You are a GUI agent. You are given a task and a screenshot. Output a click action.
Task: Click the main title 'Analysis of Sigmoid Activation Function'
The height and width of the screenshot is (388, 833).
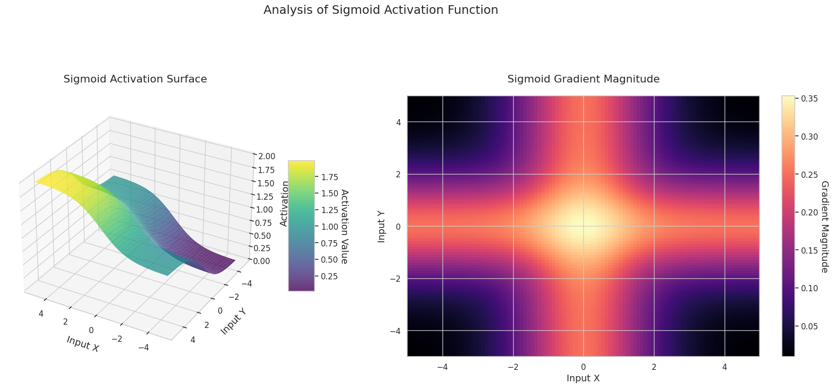point(380,10)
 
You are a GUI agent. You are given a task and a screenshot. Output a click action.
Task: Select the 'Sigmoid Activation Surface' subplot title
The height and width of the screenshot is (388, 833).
point(135,79)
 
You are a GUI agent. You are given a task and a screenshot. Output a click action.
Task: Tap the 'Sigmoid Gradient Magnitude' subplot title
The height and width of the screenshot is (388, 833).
point(583,79)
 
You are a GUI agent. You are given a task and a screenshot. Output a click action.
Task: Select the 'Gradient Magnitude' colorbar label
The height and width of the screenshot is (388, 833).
point(824,227)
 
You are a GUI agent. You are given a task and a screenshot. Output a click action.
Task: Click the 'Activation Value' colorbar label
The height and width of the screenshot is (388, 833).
point(344,227)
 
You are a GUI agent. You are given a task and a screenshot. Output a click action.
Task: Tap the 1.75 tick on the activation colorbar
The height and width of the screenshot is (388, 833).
point(330,177)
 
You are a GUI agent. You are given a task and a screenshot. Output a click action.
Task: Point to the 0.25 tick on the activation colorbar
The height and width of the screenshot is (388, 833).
point(330,276)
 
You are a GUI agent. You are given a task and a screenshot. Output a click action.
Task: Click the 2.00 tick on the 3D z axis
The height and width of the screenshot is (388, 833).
point(266,156)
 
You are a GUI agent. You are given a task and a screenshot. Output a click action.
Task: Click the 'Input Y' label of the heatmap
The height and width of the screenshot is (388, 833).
point(381,226)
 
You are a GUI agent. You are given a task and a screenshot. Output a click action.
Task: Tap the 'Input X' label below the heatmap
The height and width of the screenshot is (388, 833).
point(583,378)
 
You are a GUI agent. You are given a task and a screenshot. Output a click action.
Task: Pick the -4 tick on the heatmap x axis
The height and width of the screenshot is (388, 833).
point(443,367)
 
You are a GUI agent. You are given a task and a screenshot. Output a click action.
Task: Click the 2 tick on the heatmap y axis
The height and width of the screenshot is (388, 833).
point(399,174)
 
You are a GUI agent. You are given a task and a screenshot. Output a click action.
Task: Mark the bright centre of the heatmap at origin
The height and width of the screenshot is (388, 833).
point(583,226)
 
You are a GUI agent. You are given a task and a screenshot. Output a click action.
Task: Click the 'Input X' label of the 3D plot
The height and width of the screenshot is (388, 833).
point(83,344)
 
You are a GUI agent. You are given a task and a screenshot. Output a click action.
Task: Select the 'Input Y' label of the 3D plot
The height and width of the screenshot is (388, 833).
point(233,321)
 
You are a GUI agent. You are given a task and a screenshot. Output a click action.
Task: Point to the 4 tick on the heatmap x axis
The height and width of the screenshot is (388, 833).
point(724,367)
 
